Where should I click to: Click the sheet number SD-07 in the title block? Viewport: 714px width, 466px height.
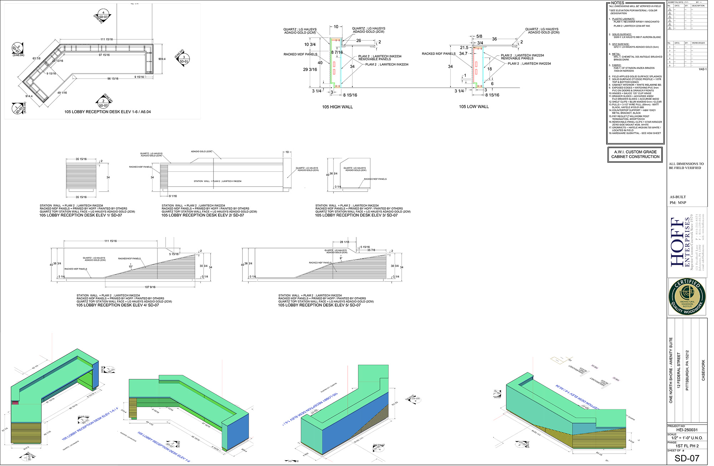coord(687,458)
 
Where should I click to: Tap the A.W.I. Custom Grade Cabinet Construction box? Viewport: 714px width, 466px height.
coord(635,155)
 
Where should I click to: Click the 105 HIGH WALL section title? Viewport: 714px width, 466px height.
coord(337,107)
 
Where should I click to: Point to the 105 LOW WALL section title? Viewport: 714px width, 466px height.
coord(474,107)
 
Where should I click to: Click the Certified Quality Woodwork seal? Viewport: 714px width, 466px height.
coord(687,297)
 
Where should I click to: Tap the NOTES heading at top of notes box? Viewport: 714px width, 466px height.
coord(618,3)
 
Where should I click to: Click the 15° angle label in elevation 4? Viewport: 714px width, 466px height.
coord(131,267)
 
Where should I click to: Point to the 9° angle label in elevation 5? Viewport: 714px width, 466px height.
coord(341,258)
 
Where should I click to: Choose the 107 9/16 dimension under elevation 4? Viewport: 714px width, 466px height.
coord(150,287)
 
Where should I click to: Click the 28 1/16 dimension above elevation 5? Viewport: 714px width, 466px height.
coord(344,242)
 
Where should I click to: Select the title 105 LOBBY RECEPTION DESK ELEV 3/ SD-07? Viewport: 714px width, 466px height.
coord(356,215)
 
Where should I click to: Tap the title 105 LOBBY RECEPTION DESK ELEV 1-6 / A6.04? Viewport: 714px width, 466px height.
coord(107,112)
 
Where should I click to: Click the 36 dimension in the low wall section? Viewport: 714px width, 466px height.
coord(494,39)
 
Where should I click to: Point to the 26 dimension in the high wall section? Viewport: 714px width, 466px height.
coord(358,41)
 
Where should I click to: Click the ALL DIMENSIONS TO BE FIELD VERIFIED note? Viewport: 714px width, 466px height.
coord(686,166)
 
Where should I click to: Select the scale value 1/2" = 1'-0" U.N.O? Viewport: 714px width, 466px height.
coord(687,438)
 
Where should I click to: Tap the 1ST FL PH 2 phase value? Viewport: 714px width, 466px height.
coord(687,446)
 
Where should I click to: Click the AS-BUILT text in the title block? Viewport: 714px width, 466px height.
coord(678,197)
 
